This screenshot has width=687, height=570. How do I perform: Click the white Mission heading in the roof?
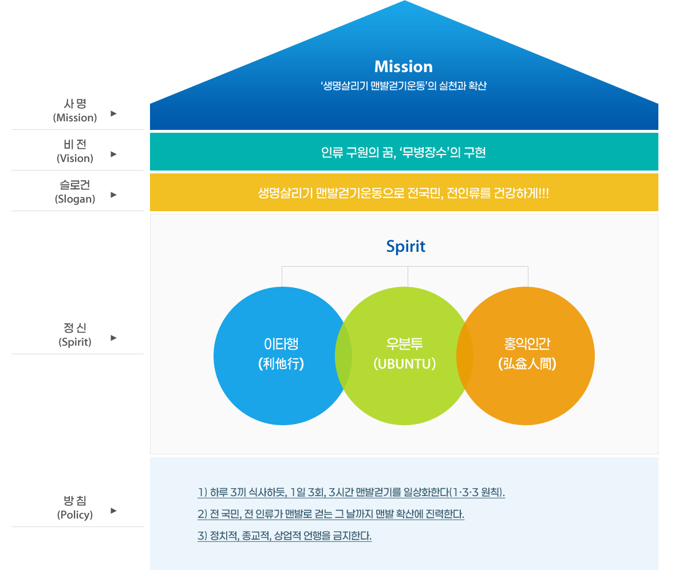pyautogui.click(x=404, y=67)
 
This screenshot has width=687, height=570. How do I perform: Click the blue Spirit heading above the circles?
pyautogui.click(x=405, y=247)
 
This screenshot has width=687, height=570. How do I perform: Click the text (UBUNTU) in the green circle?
pyautogui.click(x=404, y=364)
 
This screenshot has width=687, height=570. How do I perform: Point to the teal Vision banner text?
pyautogui.click(x=404, y=153)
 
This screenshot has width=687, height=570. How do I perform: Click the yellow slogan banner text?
pyautogui.click(x=404, y=193)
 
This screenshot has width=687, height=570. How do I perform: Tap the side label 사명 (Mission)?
pyautogui.click(x=75, y=110)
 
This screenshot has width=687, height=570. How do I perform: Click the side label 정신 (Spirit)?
pyautogui.click(x=75, y=335)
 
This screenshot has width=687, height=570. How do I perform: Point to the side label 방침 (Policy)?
pyautogui.click(x=75, y=508)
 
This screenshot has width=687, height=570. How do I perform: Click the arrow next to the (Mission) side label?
pyautogui.click(x=113, y=114)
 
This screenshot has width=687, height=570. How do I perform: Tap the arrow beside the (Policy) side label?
pyautogui.click(x=113, y=510)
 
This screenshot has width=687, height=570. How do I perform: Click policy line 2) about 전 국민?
pyautogui.click(x=331, y=514)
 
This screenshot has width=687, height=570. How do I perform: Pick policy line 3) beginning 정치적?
pyautogui.click(x=285, y=536)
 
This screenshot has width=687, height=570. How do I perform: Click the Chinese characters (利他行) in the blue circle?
pyautogui.click(x=281, y=364)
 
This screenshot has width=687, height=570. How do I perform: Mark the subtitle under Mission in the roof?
pyautogui.click(x=404, y=86)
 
